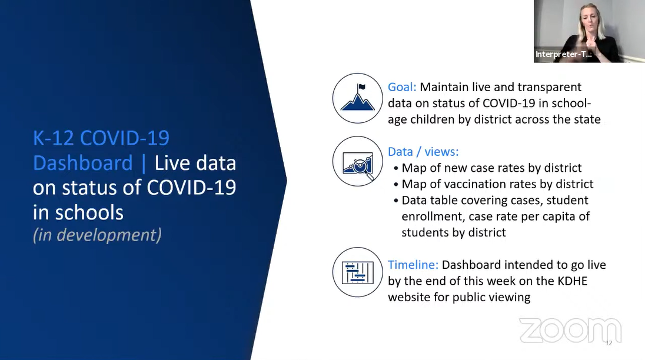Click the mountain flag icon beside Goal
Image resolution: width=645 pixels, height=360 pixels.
coord(358,98)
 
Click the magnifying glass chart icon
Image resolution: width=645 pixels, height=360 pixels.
coord(358,162)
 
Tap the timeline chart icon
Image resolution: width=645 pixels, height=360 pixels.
coord(358,272)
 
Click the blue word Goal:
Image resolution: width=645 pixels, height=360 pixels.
coord(402,87)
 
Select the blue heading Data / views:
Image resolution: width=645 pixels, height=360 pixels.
coord(423,152)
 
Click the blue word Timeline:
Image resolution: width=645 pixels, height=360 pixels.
coord(413,265)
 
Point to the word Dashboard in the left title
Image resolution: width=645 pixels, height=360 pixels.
coord(82,163)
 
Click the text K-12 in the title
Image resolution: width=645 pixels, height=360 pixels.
coord(54,138)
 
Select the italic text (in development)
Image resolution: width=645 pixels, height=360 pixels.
coord(97,235)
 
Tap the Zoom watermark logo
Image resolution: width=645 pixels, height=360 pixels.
coord(570,331)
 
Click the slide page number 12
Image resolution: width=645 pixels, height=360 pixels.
coord(609,344)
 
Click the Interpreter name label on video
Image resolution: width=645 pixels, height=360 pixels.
coord(564,54)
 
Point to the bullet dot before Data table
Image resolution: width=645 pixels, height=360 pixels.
coord(396,201)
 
